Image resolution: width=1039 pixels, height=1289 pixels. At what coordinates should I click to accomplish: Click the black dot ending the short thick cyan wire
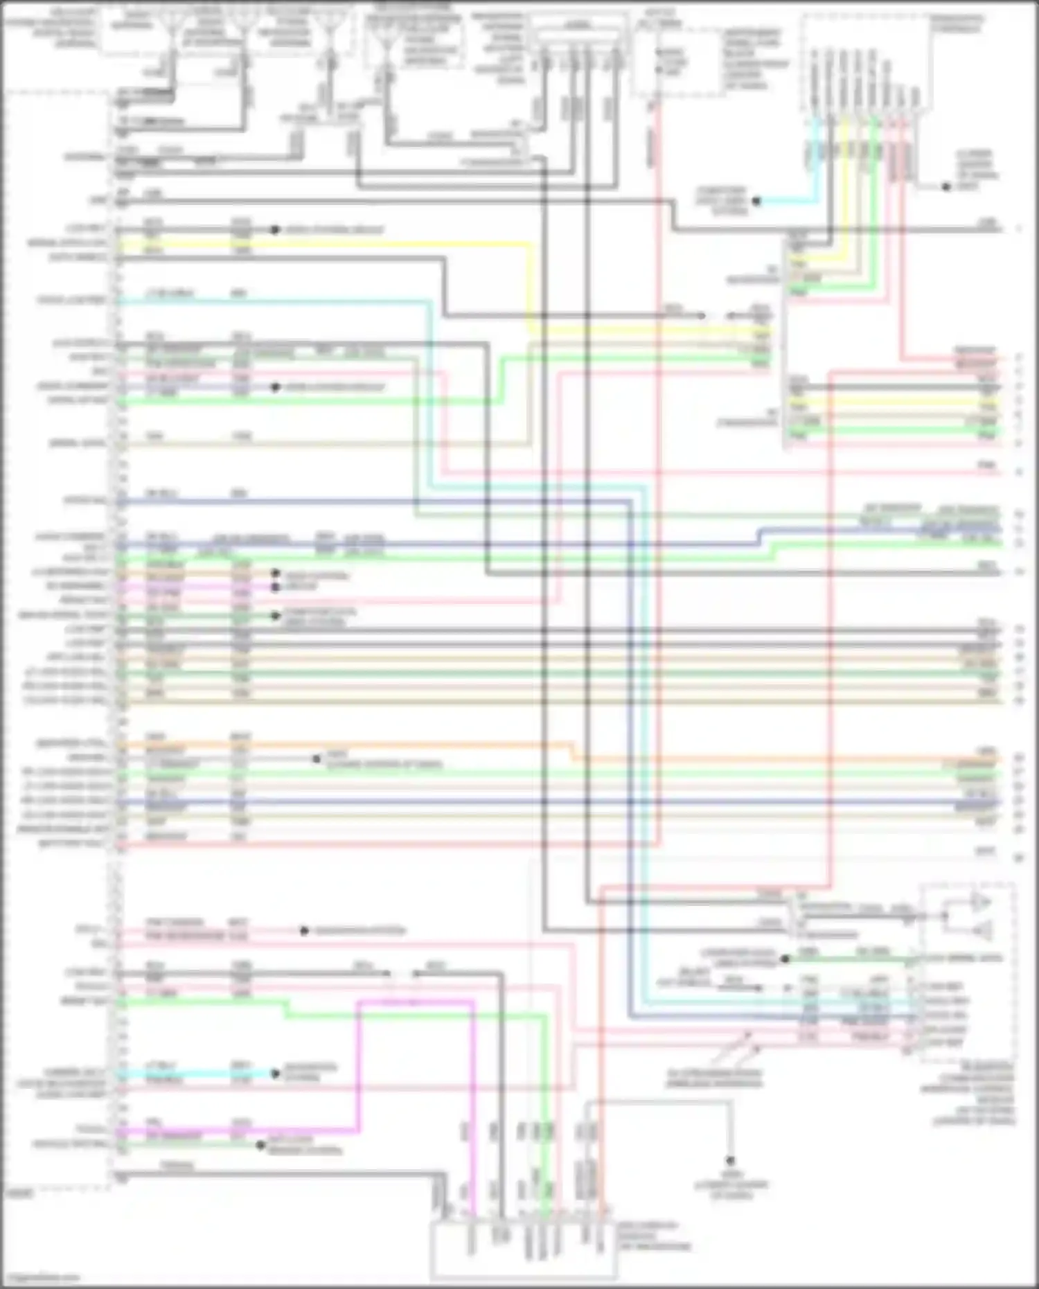tap(276, 1074)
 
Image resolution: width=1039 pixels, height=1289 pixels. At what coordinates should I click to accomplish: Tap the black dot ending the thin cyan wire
tap(756, 201)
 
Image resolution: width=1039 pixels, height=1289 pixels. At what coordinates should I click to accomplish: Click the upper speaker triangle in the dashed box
tap(981, 903)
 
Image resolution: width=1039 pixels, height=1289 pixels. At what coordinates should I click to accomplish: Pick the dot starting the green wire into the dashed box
tap(785, 959)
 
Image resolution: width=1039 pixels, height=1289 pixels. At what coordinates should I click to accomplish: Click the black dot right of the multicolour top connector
tap(946, 186)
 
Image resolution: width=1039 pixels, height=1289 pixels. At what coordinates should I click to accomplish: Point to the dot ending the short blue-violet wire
tap(276, 386)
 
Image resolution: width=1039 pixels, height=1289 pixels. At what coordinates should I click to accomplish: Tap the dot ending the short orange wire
tap(275, 574)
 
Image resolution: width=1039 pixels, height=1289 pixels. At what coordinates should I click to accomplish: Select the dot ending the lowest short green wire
tap(260, 1145)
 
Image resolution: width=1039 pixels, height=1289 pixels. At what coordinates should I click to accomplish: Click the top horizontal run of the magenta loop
tap(416, 1001)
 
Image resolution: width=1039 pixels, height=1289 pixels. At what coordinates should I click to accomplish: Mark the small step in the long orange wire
tap(574, 752)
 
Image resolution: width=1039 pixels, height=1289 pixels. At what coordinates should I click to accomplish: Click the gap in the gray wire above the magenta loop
tap(402, 973)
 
